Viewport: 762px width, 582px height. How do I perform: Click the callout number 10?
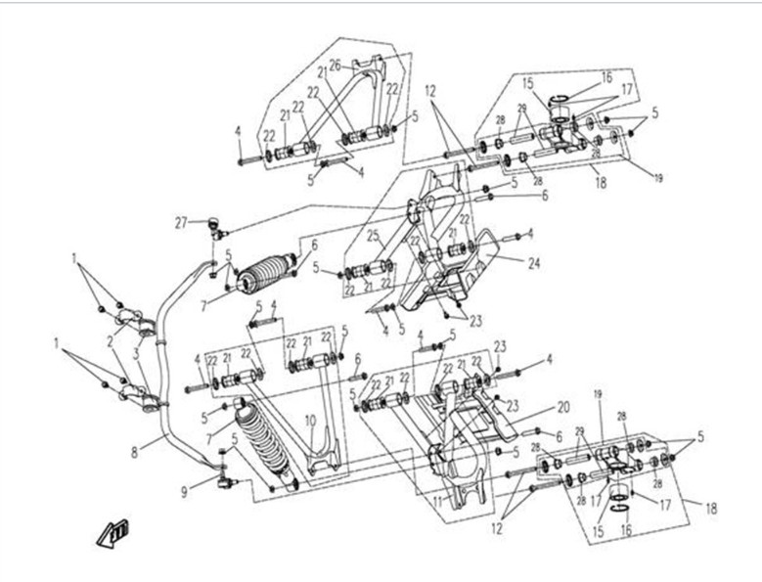tap(308, 421)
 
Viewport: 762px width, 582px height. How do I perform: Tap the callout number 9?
tap(184, 493)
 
